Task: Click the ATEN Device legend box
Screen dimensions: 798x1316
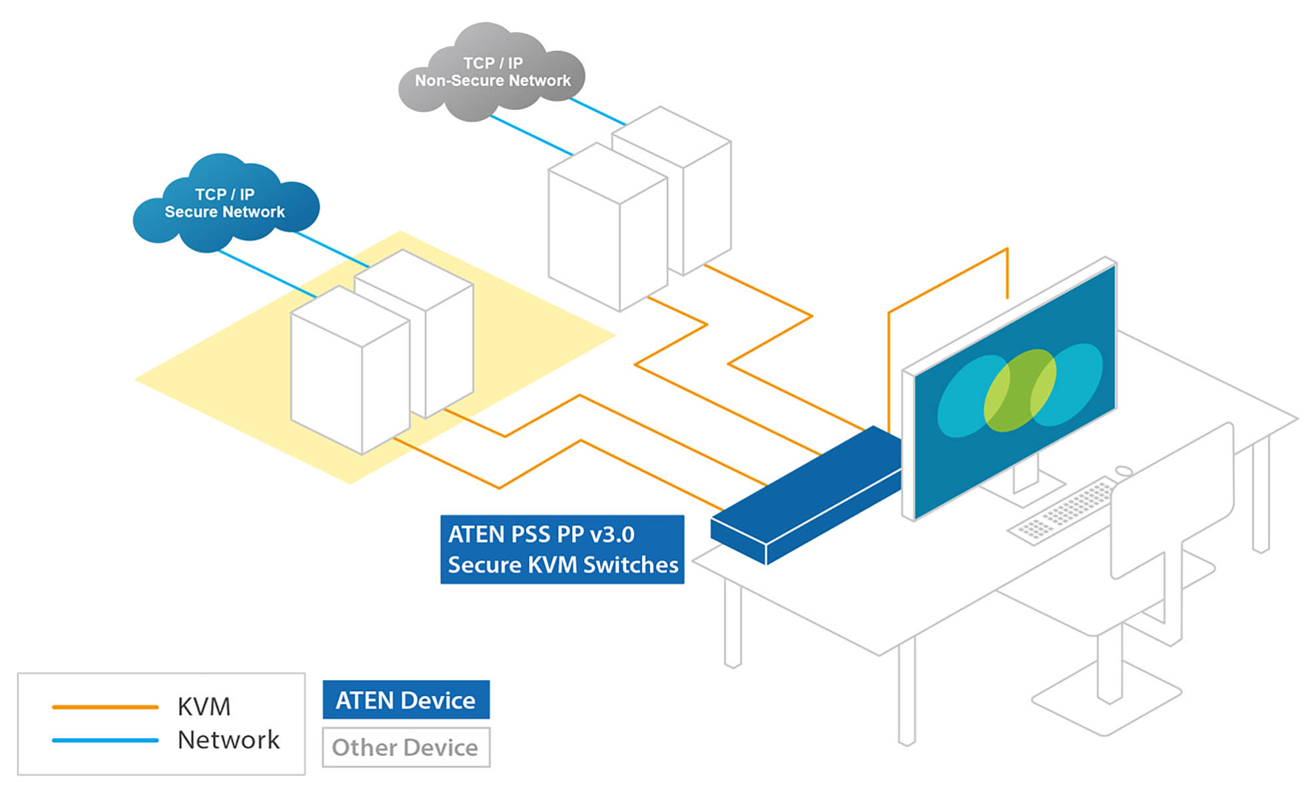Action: tap(406, 699)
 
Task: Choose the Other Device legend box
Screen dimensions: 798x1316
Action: tap(406, 747)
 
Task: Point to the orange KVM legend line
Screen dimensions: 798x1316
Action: tap(105, 707)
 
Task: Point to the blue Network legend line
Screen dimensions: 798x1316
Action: tap(105, 740)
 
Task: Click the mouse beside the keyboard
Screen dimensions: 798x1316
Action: tap(1124, 471)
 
